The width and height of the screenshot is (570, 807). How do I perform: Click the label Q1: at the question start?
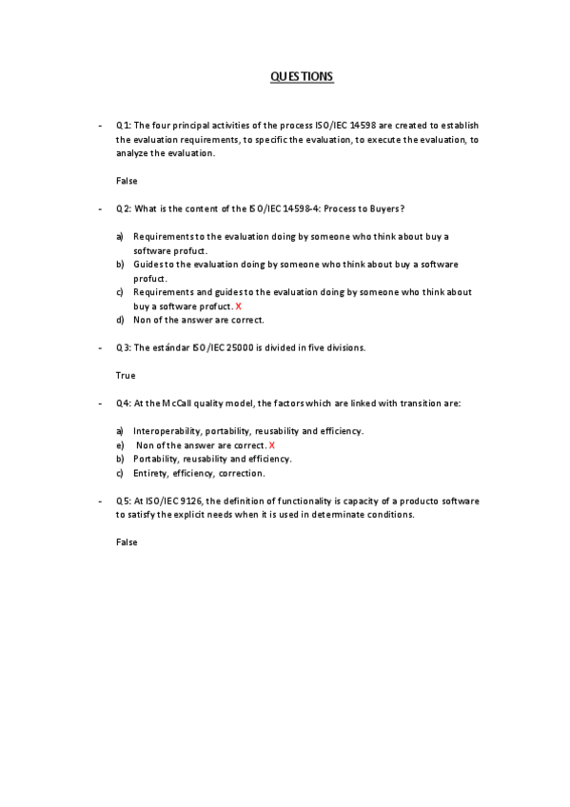pos(124,126)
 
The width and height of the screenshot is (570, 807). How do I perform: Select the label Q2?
pos(124,208)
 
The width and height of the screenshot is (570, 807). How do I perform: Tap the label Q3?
pos(124,347)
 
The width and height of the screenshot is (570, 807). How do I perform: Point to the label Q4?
pos(124,403)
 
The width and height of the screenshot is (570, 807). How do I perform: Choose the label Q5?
pos(124,501)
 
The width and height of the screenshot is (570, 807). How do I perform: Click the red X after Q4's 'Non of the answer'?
pos(272,445)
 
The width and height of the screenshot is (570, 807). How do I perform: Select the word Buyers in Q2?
pos(384,208)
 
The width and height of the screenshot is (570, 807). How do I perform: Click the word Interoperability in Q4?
pos(165,431)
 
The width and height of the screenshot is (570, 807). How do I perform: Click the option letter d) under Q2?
pos(120,320)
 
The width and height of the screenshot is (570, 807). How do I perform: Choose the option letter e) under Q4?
pos(120,445)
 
